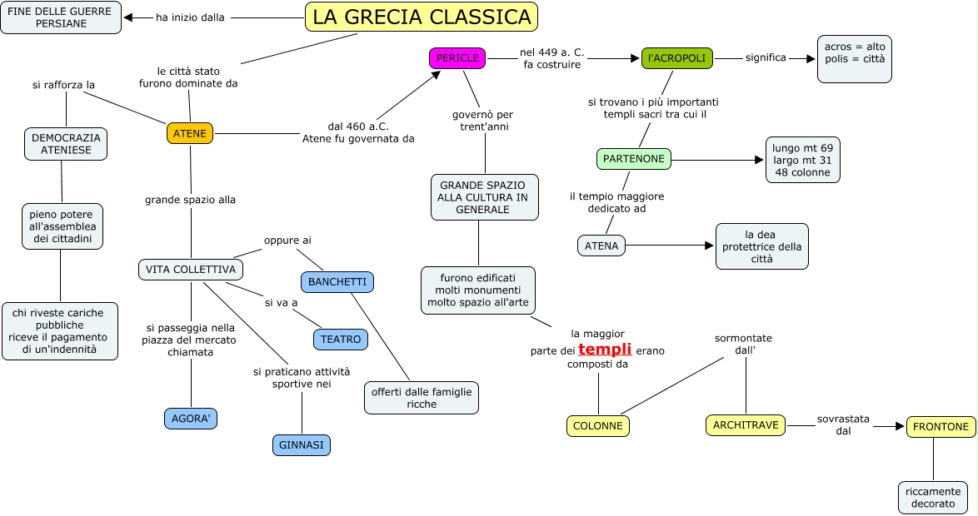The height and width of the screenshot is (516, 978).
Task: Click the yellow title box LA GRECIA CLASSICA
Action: [x=422, y=17]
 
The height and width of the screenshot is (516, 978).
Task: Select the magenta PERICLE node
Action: [x=457, y=58]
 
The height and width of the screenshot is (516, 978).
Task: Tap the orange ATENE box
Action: [x=190, y=133]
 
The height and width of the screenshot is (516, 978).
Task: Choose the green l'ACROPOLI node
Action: [x=676, y=58]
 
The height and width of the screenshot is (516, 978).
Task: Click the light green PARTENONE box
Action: [x=634, y=159]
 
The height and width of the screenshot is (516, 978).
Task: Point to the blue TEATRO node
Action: [x=341, y=340]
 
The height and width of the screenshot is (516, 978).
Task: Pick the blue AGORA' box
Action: [x=190, y=419]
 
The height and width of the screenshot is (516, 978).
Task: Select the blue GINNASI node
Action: [x=302, y=445]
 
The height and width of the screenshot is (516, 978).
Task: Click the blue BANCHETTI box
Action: [x=337, y=282]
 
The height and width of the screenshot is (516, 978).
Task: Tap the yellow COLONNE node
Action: [x=598, y=426]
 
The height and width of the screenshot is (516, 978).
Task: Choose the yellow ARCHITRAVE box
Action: [x=746, y=425]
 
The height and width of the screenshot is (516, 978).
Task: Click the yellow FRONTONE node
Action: [x=941, y=427]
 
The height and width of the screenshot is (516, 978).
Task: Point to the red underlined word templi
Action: [x=605, y=350]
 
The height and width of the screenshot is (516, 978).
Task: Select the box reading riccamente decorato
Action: [x=932, y=498]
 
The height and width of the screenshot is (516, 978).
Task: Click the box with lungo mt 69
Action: [x=802, y=161]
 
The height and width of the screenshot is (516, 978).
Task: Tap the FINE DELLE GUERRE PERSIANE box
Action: [x=61, y=17]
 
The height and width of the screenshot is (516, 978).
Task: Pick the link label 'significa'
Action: [x=766, y=58]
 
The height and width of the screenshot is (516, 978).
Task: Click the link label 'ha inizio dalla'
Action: [x=190, y=17]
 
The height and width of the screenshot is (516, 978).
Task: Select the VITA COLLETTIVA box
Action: [x=191, y=270]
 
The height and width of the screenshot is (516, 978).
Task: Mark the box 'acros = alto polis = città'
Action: [x=854, y=58]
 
